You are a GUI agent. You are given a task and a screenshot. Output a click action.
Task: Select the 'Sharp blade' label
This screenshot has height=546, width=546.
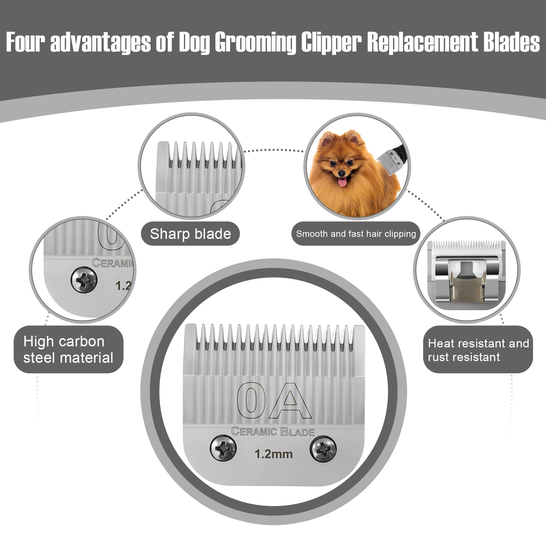click(x=190, y=234)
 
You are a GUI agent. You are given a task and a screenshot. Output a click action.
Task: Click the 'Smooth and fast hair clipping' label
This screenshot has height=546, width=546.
click(x=356, y=234)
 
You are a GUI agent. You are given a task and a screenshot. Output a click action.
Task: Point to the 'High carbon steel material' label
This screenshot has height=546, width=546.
click(x=68, y=349)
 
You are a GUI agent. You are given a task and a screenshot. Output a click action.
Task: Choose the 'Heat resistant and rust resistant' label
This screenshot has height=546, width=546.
click(x=478, y=350)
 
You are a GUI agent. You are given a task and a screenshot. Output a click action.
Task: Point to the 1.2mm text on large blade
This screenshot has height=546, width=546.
click(x=274, y=454)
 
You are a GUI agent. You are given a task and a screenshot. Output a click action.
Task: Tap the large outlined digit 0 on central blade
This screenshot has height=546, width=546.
click(x=252, y=400)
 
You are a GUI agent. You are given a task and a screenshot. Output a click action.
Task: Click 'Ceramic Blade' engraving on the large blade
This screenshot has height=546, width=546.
click(x=273, y=432)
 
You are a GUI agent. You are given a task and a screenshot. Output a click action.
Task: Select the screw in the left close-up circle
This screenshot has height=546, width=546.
click(x=84, y=280)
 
